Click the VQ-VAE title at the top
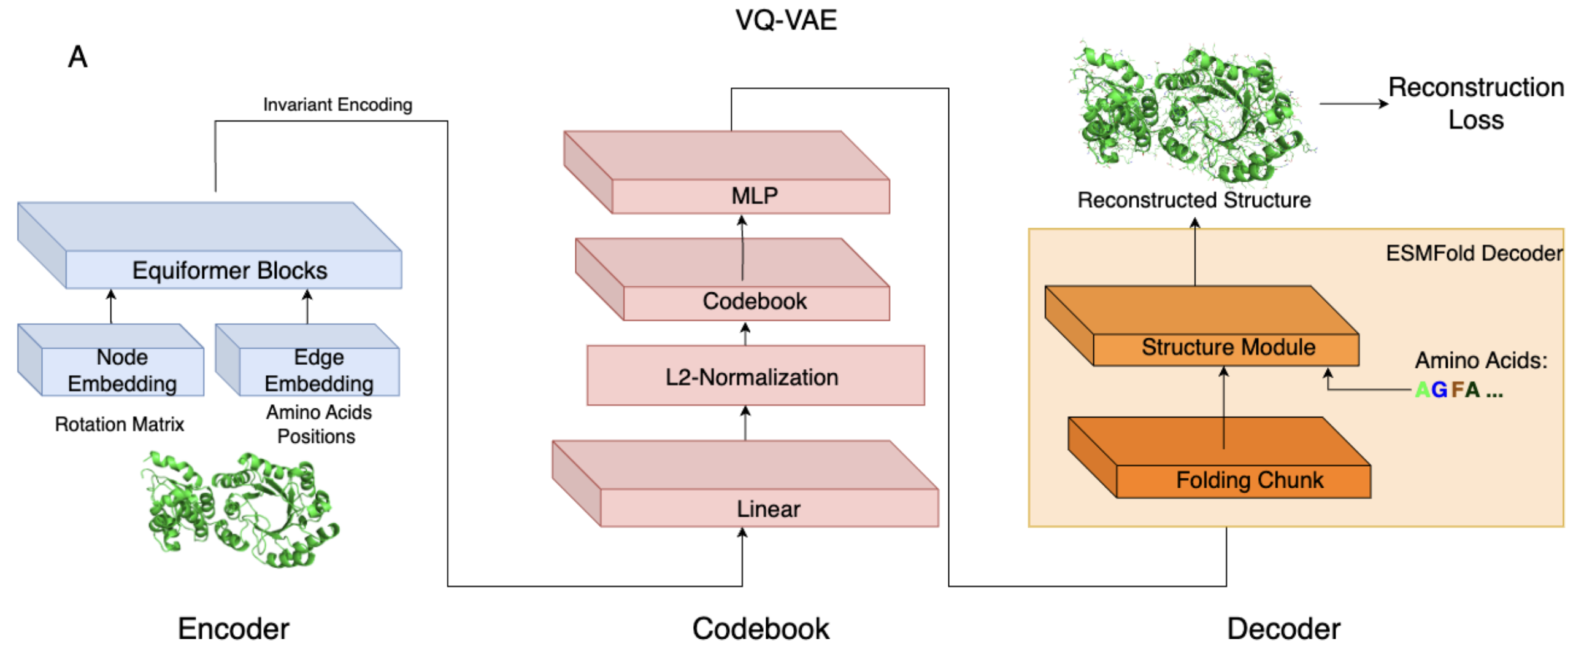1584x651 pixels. [x=786, y=20]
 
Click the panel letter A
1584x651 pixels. [x=77, y=57]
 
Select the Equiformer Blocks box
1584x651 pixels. [x=230, y=270]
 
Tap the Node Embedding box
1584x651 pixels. [x=122, y=370]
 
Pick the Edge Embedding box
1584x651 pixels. [x=318, y=370]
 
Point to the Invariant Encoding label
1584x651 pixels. [x=337, y=104]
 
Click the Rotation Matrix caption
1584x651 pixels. [x=119, y=424]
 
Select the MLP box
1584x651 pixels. [x=754, y=196]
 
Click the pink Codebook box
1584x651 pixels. [x=754, y=302]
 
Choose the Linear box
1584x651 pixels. [x=768, y=509]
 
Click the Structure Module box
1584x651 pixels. [x=1228, y=348]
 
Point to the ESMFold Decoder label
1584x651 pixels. [x=1474, y=253]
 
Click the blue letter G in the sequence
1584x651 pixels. [x=1439, y=390]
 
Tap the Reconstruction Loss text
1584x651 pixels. [x=1476, y=103]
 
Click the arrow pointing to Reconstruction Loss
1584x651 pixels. [x=1353, y=103]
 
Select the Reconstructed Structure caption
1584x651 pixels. [x=1194, y=200]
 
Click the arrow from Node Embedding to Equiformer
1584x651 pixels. [x=111, y=306]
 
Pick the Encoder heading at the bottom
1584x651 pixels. [x=233, y=629]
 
